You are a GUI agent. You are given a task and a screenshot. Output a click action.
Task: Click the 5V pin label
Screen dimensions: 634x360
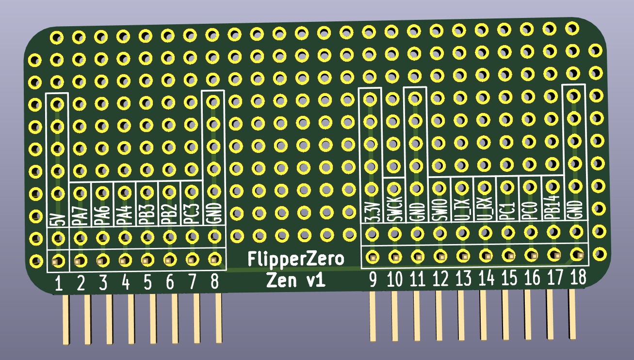[57, 220]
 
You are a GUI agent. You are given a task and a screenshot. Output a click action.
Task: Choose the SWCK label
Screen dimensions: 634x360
[394, 209]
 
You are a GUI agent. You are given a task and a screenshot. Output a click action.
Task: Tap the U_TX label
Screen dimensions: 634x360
[462, 208]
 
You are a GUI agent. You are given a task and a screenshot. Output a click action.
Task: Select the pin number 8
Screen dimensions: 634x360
[214, 281]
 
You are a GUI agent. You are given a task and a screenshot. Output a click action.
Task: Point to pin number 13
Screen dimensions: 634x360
[463, 278]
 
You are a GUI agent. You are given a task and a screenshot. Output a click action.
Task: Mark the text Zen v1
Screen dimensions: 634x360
[295, 280]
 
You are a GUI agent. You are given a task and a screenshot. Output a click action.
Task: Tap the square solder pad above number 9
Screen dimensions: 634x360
[373, 257]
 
